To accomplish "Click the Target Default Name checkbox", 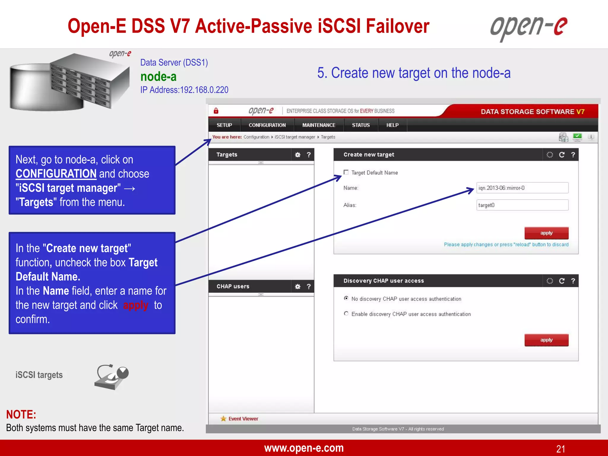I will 346,172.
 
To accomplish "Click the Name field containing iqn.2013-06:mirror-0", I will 522,188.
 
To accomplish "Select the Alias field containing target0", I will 522,205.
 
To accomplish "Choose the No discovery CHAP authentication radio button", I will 346,298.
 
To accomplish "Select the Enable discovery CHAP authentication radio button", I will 346,313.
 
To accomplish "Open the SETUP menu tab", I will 224,125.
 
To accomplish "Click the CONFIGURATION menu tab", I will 267,125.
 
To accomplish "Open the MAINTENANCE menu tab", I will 319,125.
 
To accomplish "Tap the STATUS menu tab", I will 361,125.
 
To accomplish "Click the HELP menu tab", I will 392,125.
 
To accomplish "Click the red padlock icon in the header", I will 216,111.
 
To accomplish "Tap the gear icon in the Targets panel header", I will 298,155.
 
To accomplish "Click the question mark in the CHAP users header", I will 309,286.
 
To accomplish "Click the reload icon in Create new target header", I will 562,155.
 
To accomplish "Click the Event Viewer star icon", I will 223,419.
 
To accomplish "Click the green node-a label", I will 159,77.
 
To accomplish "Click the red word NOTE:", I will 21,414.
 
